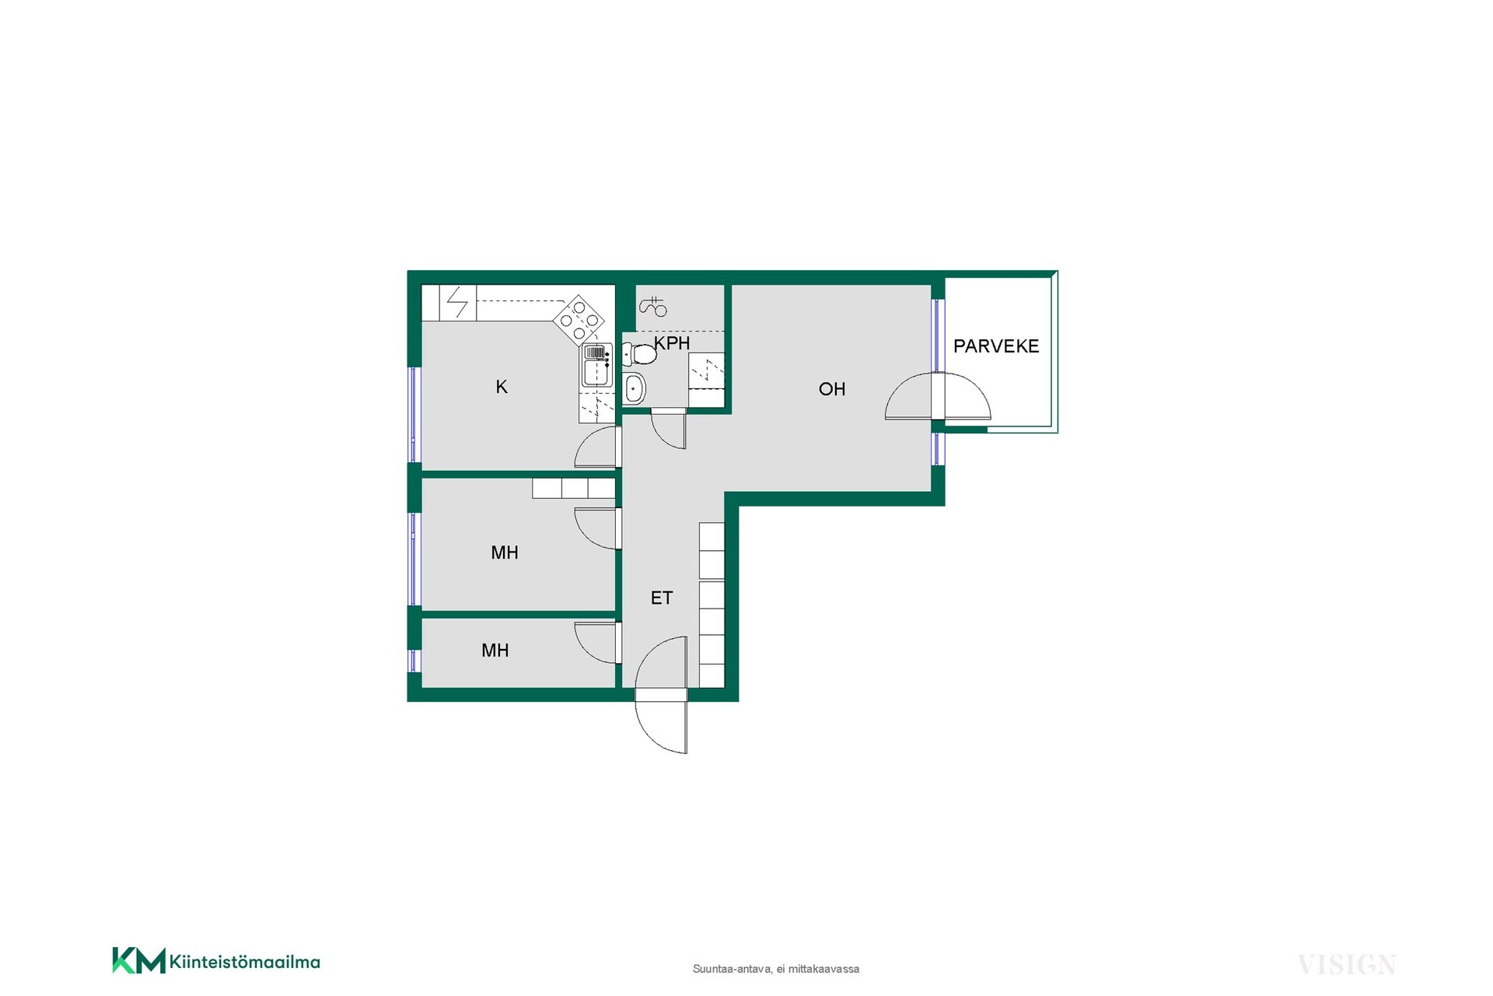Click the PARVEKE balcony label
coord(996,346)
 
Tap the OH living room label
coord(832,389)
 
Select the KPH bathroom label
coord(672,343)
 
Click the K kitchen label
coord(502,387)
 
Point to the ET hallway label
coord(662,598)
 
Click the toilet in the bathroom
coord(640,355)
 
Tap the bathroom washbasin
coord(634,388)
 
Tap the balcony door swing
coord(939,397)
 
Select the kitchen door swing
coord(597,447)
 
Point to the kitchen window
coord(414,415)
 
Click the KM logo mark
coord(139,960)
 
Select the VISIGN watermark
coord(1347,965)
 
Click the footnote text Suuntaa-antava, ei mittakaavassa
coord(776,970)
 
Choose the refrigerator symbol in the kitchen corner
coord(457,303)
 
